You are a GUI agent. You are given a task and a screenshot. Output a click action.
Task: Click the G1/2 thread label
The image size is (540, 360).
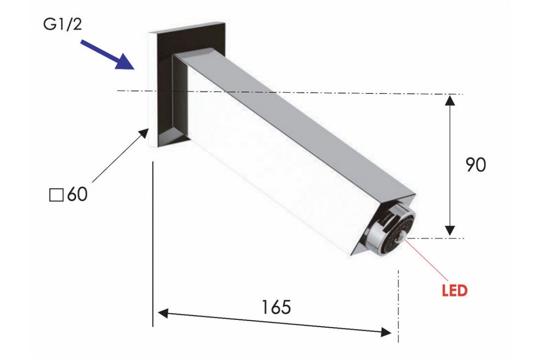click(x=63, y=25)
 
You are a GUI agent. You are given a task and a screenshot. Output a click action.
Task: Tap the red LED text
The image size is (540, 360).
click(x=454, y=291)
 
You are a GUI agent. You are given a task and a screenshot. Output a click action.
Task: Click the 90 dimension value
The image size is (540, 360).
click(x=475, y=165)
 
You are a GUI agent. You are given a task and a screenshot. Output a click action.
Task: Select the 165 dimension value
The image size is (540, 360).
click(x=276, y=307)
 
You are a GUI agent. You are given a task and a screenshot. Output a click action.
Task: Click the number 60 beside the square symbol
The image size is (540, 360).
click(x=77, y=194)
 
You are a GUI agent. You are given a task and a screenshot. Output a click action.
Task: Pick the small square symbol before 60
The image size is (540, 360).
click(x=56, y=195)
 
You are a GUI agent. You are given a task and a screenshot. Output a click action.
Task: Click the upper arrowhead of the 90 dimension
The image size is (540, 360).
click(x=450, y=100)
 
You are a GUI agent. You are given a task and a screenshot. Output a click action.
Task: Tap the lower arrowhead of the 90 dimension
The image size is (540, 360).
click(x=450, y=231)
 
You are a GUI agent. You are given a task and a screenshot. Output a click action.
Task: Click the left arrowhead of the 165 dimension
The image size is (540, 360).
click(x=163, y=313)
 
